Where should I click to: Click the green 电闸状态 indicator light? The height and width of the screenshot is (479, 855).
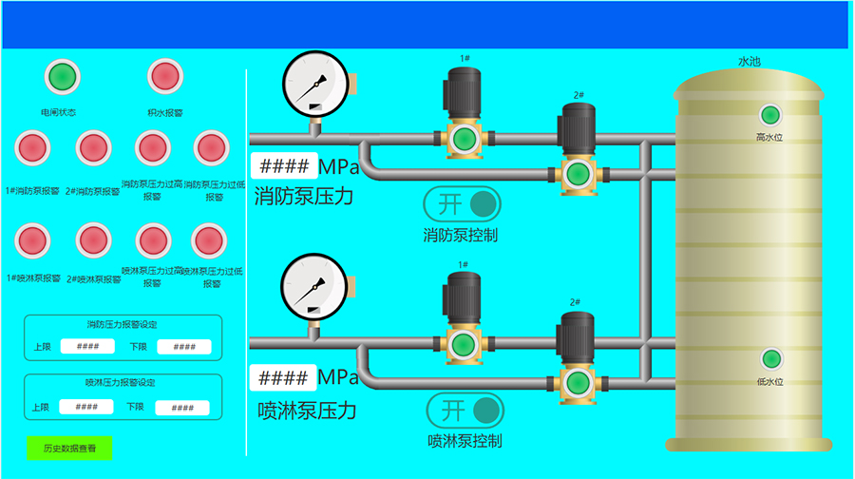pyautogui.click(x=62, y=76)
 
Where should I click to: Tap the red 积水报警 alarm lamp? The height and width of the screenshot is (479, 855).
pyautogui.click(x=164, y=76)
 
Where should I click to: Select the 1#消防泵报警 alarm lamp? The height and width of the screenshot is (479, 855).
pyautogui.click(x=33, y=148)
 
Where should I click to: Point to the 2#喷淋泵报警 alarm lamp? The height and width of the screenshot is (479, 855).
pyautogui.click(x=94, y=240)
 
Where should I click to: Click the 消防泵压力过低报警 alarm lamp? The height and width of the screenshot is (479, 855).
pyautogui.click(x=211, y=148)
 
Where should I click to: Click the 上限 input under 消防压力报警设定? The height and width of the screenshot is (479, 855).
pyautogui.click(x=87, y=347)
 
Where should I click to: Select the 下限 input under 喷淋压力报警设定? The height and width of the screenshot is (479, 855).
pyautogui.click(x=181, y=408)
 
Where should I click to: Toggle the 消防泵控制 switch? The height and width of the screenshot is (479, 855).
pyautogui.click(x=462, y=203)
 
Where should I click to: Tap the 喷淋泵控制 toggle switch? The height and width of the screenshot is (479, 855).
pyautogui.click(x=465, y=410)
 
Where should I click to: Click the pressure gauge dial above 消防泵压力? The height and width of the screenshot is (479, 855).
pyautogui.click(x=315, y=83)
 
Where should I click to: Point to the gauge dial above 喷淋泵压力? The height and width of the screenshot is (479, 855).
pyautogui.click(x=315, y=287)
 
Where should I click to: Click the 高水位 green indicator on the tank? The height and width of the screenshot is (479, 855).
pyautogui.click(x=770, y=116)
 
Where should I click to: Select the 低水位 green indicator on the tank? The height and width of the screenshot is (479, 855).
pyautogui.click(x=771, y=359)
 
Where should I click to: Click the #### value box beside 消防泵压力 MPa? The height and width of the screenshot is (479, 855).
pyautogui.click(x=283, y=166)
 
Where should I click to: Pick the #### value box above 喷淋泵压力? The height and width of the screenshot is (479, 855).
pyautogui.click(x=282, y=377)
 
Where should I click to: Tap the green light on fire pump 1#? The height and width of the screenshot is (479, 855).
pyautogui.click(x=464, y=139)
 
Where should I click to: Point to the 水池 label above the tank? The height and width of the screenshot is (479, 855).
pyautogui.click(x=750, y=62)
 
